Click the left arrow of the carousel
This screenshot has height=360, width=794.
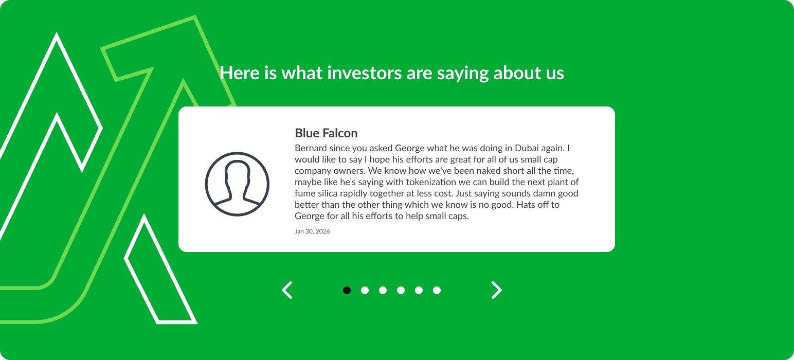click(287, 290)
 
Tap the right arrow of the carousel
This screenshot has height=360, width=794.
click(497, 290)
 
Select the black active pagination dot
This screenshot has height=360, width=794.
click(347, 290)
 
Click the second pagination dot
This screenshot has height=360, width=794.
click(365, 290)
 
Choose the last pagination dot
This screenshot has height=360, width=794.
click(437, 290)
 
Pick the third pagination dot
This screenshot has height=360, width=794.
click(383, 290)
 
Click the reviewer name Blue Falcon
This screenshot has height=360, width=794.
click(326, 133)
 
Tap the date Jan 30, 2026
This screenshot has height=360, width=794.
click(312, 231)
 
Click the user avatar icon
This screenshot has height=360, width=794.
click(237, 184)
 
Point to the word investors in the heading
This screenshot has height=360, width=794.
click(364, 73)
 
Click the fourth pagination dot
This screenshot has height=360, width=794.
click(401, 290)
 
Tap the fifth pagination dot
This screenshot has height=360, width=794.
click(419, 290)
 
